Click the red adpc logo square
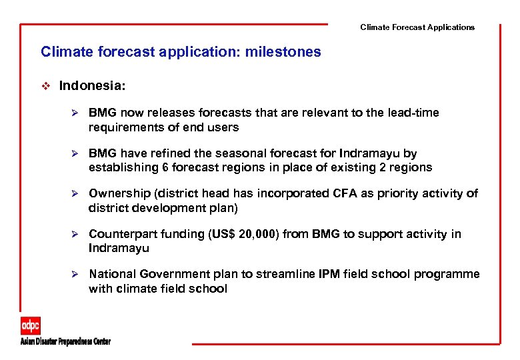click(30, 325)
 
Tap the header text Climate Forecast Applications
click(417, 27)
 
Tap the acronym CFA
click(346, 193)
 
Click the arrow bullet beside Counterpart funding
click(76, 234)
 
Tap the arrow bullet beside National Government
click(76, 274)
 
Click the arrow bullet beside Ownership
click(76, 193)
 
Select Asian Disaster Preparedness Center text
click(65, 342)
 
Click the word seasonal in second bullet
click(221, 153)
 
